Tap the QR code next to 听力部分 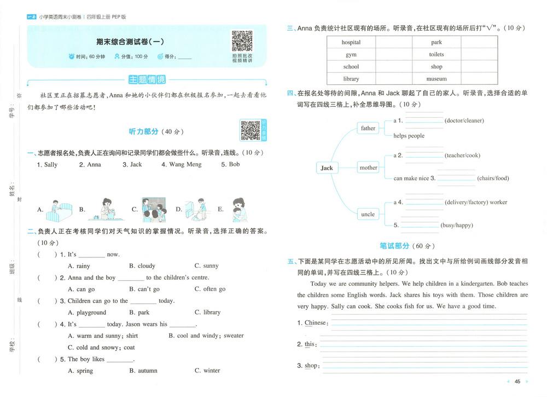[251, 130]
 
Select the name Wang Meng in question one [181, 164]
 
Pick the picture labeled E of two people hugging [237, 209]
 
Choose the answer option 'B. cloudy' [142, 266]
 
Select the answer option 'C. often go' [210, 289]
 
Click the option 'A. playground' [87, 313]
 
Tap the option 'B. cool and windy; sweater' [206, 336]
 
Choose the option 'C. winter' [207, 371]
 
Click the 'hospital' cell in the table [351, 42]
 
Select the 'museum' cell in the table [436, 79]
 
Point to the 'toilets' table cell [436, 54]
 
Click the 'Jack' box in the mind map [327, 168]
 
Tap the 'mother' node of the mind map [368, 168]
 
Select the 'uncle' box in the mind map [368, 214]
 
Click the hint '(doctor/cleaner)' [464, 120]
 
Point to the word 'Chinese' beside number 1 [315, 323]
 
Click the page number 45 [517, 382]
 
